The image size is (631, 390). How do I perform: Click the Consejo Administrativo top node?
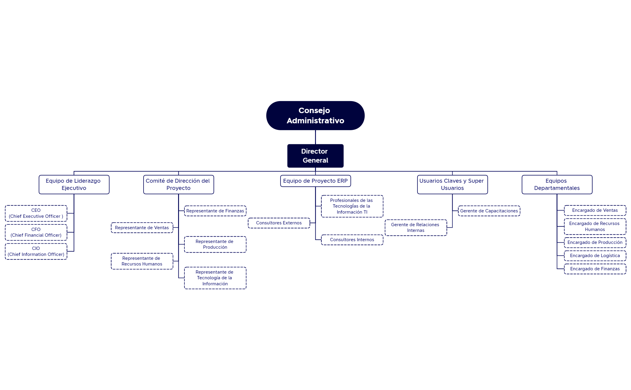[315, 115]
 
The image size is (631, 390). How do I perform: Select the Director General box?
[315, 156]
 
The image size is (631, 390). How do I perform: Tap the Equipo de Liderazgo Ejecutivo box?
[74, 184]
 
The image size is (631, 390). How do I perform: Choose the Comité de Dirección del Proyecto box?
[178, 184]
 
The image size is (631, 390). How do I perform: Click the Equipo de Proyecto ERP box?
[315, 181]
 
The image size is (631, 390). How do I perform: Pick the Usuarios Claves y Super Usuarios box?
[452, 184]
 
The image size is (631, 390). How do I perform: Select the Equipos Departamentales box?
[557, 184]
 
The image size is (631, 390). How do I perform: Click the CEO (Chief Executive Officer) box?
[36, 213]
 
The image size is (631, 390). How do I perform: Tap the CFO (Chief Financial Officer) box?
[36, 232]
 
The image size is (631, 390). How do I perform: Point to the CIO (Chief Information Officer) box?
[36, 251]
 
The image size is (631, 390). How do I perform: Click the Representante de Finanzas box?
[215, 211]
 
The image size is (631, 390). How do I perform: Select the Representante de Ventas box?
[142, 228]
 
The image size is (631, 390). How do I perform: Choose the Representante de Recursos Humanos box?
[142, 261]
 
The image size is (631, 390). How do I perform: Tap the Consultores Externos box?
[279, 223]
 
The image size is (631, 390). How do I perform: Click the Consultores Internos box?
[352, 240]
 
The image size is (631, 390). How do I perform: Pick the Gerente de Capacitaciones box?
[489, 211]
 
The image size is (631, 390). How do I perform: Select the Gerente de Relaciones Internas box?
[416, 228]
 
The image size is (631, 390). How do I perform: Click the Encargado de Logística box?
[595, 256]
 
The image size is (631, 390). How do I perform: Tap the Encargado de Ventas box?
[595, 210]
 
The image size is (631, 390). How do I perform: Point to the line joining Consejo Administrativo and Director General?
[315, 137]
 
